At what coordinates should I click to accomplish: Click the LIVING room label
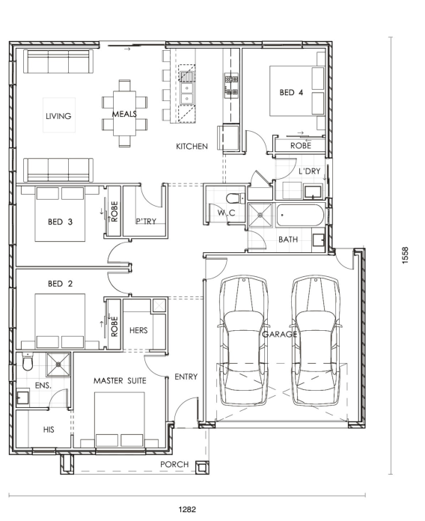click(58, 116)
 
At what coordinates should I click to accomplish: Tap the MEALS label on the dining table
click(124, 114)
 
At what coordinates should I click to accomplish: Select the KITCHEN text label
click(192, 146)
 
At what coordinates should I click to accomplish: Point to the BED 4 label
click(291, 92)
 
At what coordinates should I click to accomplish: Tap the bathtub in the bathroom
click(300, 216)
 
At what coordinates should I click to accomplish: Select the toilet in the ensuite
click(27, 362)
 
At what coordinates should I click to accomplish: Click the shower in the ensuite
click(58, 365)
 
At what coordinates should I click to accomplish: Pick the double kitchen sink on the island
click(187, 94)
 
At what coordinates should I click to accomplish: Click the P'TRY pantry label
click(146, 222)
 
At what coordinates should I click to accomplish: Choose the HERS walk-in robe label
click(138, 330)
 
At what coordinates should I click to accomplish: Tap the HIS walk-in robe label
click(49, 430)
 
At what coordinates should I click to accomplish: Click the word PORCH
click(174, 464)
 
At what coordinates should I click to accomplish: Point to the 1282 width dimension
click(187, 509)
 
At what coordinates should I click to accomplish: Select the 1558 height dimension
click(405, 255)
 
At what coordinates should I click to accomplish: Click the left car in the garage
click(244, 341)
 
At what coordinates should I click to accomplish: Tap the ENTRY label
click(186, 377)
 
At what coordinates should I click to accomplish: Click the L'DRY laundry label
click(310, 171)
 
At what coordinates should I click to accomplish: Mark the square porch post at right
click(202, 468)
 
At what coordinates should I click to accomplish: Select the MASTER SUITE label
click(120, 381)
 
